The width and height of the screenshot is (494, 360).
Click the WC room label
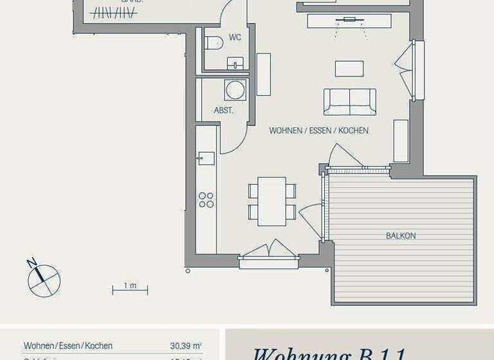point(235,37)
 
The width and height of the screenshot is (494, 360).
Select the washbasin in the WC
point(236,62)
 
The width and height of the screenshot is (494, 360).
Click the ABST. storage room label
point(223,111)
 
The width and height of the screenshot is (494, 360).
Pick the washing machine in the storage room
point(235,89)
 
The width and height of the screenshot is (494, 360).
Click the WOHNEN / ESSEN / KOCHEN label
point(319,130)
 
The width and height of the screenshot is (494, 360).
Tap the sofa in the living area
point(349,102)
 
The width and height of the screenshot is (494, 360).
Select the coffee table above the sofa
point(349,68)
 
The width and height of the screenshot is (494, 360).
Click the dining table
point(271,201)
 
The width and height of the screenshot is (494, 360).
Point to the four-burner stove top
point(206,200)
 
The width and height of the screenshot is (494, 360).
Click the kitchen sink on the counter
point(206,157)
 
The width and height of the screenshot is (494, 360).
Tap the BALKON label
point(401,236)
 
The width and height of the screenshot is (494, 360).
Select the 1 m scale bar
point(130,289)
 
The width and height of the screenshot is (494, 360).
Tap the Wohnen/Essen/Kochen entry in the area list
point(68,346)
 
